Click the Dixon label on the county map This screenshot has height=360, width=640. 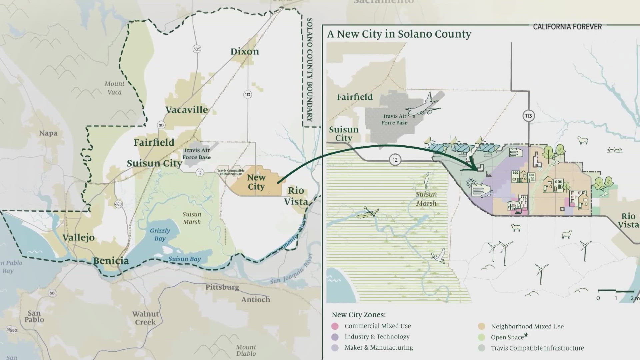coord(245,52)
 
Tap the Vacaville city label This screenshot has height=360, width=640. coord(187,110)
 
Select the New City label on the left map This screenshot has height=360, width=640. coord(256,182)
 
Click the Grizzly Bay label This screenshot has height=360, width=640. coord(160,234)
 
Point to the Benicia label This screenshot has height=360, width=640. coord(111,261)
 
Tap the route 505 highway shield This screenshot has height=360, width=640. coord(197,49)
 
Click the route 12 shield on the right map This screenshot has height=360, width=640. coord(395,160)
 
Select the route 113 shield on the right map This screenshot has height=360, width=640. coord(528,116)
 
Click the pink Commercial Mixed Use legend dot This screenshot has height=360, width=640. coord(335,326)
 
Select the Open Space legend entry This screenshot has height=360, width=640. coord(507,337)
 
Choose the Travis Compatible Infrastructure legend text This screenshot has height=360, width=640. coord(537,348)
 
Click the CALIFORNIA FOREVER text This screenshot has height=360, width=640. coord(567,27)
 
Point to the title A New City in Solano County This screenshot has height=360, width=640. coord(399,34)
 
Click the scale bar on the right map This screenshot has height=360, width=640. coord(615,291)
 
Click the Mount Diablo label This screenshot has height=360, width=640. coord(246,350)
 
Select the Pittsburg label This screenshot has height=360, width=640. coord(222,287)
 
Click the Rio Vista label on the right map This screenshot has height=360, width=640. coord(628,220)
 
